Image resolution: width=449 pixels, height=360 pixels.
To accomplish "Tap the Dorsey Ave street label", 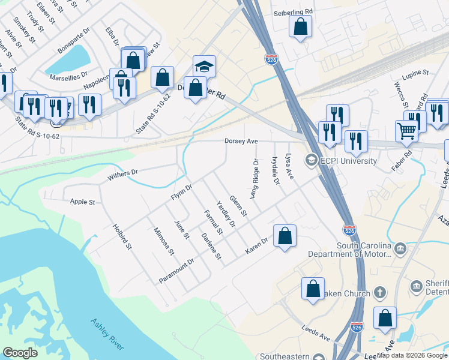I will click(241, 142).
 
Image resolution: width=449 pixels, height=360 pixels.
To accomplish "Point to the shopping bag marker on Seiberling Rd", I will click(300, 26).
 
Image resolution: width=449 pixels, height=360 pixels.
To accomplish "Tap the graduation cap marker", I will click(204, 66).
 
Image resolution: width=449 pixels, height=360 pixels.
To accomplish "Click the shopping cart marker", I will click(407, 130).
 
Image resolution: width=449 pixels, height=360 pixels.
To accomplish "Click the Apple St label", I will click(83, 202).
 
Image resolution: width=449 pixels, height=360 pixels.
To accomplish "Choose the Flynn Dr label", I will click(181, 191).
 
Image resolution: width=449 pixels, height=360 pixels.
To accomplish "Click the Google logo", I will click(20, 352).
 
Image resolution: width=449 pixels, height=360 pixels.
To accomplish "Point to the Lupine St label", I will click(417, 73).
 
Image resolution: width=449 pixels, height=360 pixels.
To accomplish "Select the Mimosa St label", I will click(163, 241).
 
